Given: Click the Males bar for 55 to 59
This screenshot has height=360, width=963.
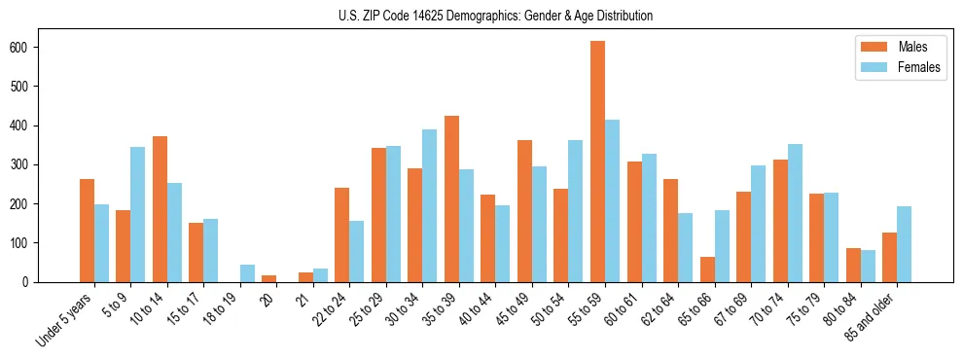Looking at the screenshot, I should [597, 162].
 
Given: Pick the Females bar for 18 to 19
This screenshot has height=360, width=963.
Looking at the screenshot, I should [247, 273].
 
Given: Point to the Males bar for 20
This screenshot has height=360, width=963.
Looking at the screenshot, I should [269, 278].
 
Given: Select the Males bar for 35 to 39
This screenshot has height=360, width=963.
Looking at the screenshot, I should [451, 198].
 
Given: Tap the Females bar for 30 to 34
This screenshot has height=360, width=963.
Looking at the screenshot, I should [429, 205].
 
